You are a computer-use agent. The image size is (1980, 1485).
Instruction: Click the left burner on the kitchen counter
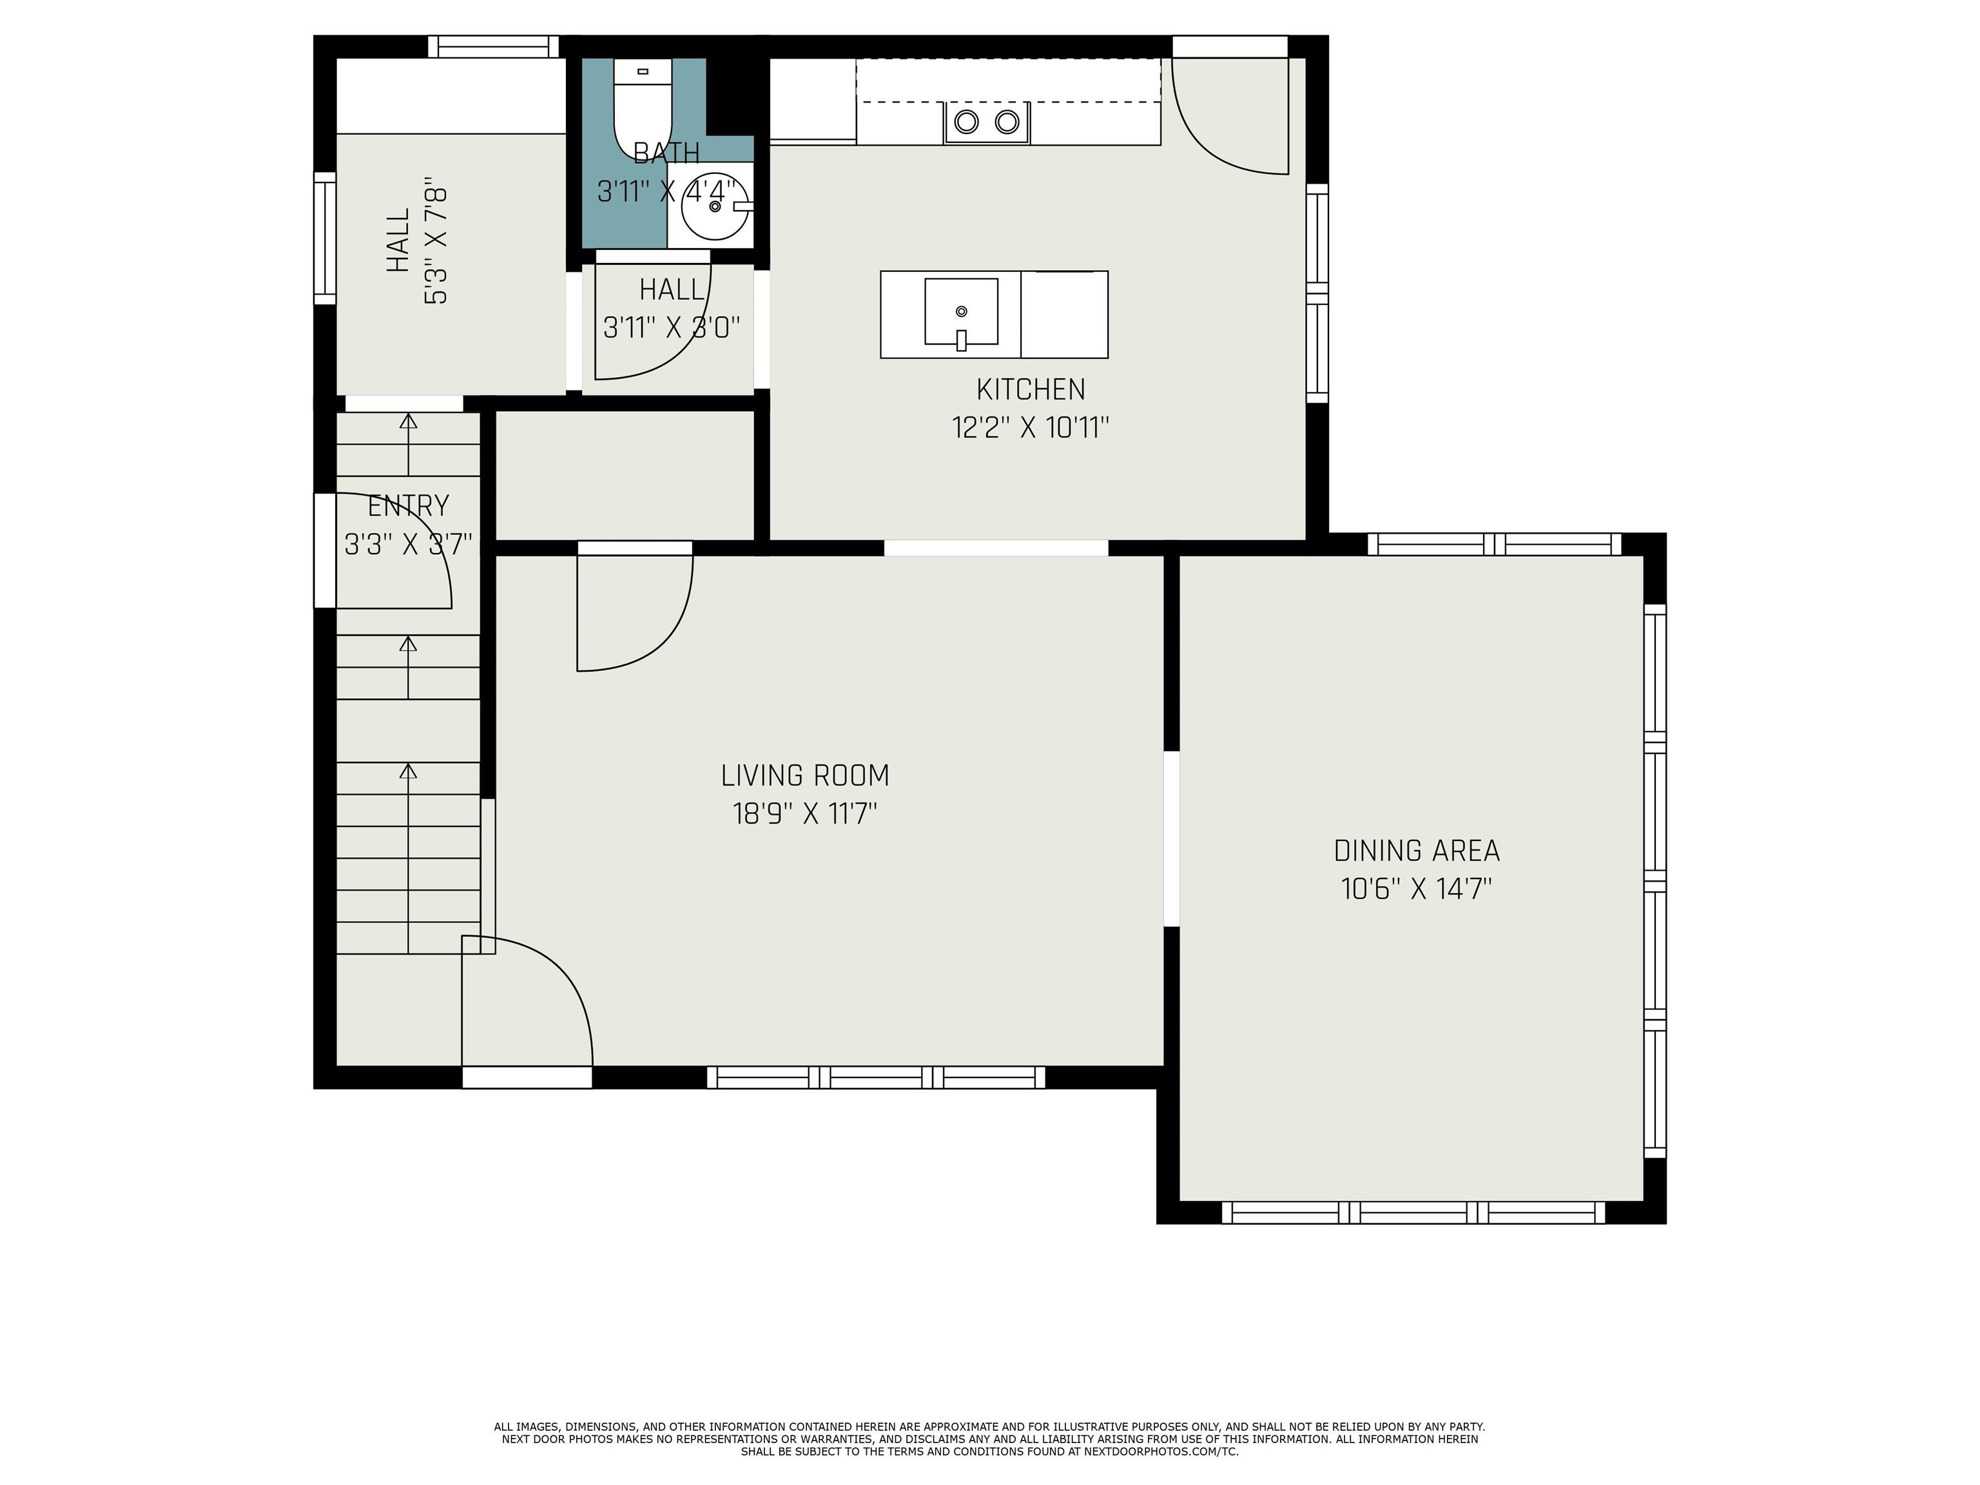[966, 122]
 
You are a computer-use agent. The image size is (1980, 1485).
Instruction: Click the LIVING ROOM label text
[805, 775]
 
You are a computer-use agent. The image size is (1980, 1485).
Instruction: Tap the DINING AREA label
[1416, 850]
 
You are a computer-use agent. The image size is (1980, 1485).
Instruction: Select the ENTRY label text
[408, 506]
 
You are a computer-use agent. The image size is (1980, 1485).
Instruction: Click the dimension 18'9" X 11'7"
[805, 813]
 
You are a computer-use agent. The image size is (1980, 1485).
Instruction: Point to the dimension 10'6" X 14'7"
[1416, 889]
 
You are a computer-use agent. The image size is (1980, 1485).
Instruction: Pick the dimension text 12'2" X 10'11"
[1030, 428]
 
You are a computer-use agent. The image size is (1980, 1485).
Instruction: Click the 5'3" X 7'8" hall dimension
[436, 246]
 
